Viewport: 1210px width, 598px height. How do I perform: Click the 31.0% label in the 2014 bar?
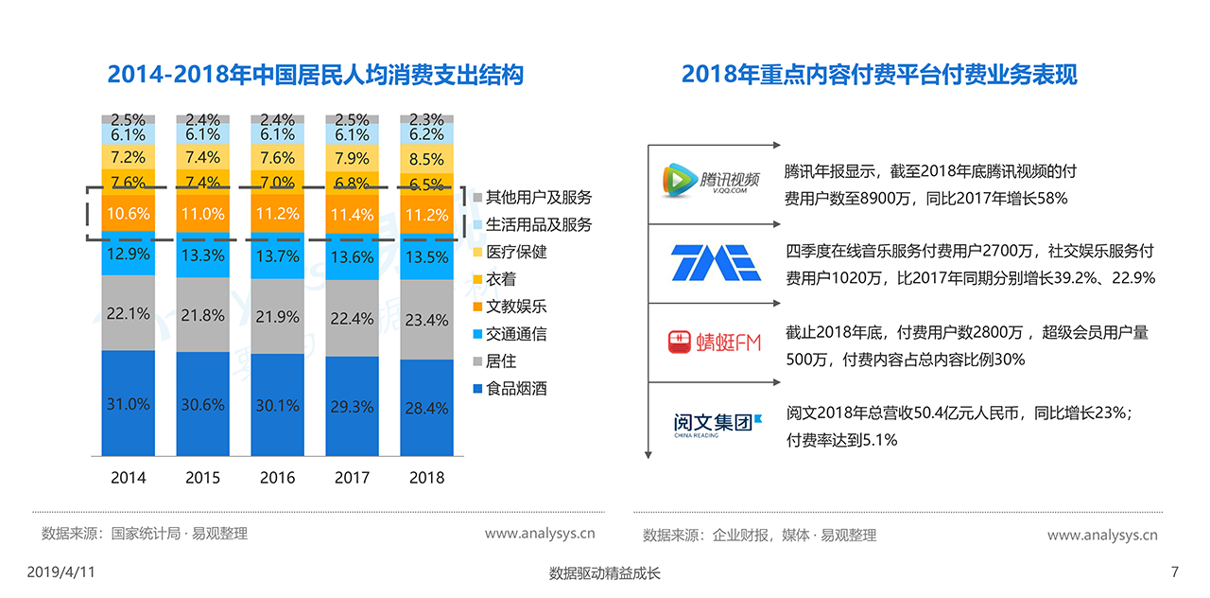click(128, 404)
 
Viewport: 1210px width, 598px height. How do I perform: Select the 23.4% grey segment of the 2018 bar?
click(426, 321)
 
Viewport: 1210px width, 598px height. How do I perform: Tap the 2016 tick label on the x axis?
click(277, 478)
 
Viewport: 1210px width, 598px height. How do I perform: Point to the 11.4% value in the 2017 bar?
click(352, 215)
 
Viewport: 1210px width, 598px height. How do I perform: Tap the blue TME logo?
click(716, 262)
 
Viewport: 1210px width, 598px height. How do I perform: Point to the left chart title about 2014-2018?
click(315, 75)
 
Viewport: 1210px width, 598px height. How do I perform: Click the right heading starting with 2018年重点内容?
click(879, 75)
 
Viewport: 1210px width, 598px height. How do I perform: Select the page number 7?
click(1174, 572)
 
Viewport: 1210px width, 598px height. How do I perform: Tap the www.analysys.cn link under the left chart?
click(540, 534)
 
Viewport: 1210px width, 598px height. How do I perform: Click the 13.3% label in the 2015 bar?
click(202, 255)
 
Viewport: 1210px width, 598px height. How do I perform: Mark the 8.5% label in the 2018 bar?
click(426, 160)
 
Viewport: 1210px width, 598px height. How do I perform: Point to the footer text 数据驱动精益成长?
click(605, 572)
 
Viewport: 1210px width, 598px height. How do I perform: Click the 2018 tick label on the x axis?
click(426, 478)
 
